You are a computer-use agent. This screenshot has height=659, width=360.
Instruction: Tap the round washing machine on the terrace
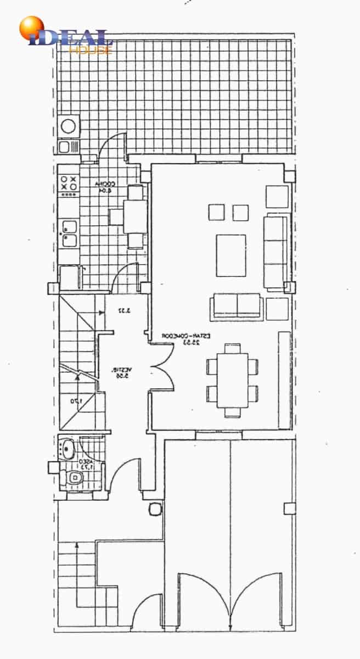69,126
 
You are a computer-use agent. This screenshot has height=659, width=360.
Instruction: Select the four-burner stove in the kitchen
69,183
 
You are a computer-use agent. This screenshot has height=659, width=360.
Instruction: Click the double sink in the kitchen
69,233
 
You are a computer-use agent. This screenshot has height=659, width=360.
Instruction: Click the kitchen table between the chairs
133,216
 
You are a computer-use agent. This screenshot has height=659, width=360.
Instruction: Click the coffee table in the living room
231,255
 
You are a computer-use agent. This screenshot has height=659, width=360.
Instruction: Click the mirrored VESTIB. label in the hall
121,372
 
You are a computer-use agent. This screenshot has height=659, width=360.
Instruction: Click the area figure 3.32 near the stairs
124,311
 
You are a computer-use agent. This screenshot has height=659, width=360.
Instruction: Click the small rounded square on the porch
155,509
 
